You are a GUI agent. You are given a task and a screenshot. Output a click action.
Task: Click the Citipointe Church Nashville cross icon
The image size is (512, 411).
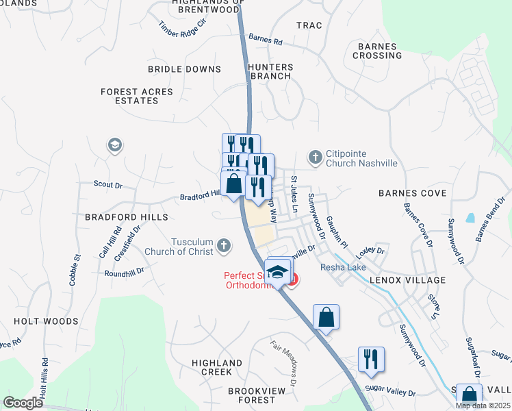[315, 158]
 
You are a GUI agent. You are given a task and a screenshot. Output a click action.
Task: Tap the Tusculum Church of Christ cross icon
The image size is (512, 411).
[224, 245]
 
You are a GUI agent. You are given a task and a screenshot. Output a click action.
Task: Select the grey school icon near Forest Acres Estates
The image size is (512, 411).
[114, 145]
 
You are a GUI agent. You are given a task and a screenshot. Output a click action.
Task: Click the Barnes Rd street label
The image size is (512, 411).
[266, 40]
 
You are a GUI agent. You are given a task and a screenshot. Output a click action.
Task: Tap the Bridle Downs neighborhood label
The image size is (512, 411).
[185, 69]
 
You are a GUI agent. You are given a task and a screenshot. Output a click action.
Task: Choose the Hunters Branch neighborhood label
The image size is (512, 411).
[271, 71]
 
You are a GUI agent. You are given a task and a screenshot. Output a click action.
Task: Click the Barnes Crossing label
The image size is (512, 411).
[376, 51]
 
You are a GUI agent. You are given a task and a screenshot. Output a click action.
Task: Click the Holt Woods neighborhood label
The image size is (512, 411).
[46, 320]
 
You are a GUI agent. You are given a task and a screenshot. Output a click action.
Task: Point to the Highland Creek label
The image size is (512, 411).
[217, 366]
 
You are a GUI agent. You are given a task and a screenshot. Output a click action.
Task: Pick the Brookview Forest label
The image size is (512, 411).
[251, 395]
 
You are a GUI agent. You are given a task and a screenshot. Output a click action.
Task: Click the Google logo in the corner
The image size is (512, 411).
[23, 403]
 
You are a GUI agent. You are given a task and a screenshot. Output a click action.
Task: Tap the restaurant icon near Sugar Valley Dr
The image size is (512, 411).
[371, 359]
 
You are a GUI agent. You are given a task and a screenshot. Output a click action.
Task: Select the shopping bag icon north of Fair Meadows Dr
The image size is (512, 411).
[327, 317]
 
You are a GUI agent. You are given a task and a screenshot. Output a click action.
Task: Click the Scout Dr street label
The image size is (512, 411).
[107, 184]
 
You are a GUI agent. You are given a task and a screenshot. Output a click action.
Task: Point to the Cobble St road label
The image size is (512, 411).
[75, 266]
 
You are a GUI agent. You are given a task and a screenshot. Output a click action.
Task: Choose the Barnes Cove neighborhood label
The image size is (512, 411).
[412, 193]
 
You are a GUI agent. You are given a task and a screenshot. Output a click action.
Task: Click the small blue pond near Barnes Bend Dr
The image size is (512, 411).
[470, 219]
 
